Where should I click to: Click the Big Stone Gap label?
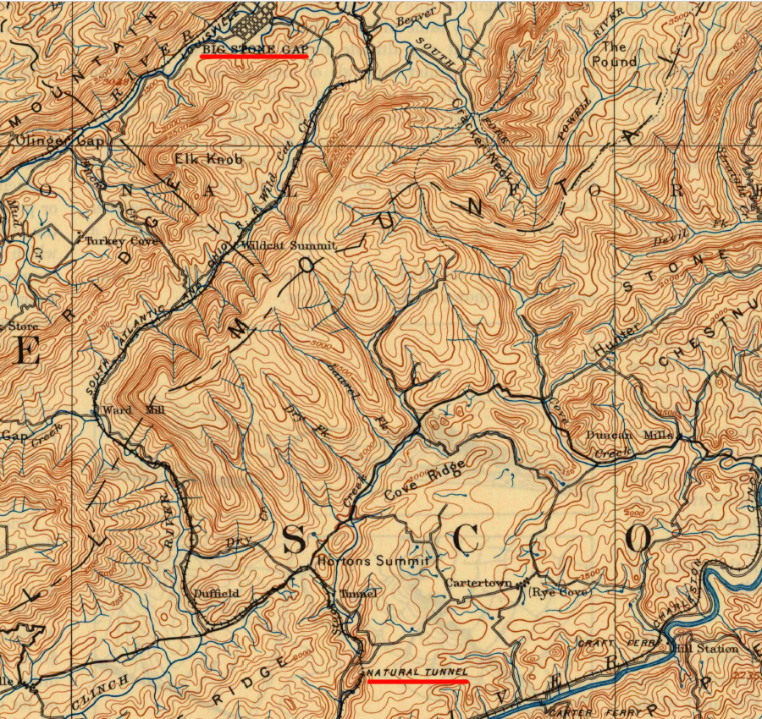click(x=253, y=50)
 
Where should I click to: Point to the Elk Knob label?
click(x=208, y=159)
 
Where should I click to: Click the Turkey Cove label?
click(x=121, y=241)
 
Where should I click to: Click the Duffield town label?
click(x=217, y=594)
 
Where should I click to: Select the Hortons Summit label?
click(x=373, y=562)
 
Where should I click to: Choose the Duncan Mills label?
click(x=630, y=436)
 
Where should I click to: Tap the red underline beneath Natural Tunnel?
click(x=417, y=680)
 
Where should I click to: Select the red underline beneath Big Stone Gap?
click(x=253, y=58)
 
